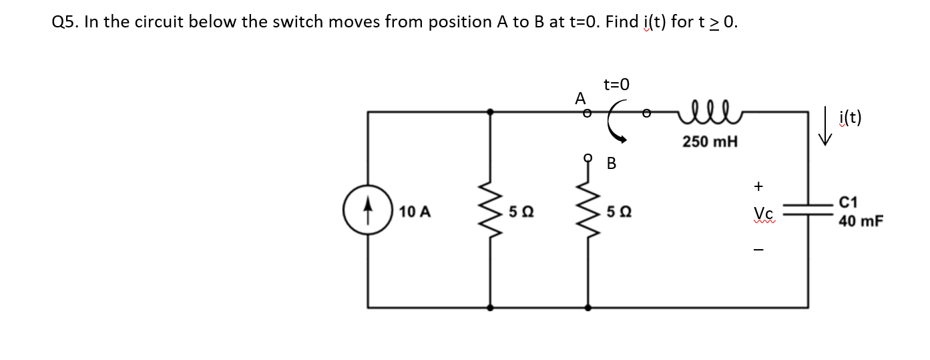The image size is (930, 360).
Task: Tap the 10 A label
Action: coord(415,212)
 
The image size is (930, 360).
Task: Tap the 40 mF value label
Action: coord(861,220)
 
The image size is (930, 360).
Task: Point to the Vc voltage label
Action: coord(761,212)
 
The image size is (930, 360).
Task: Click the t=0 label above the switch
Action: coord(616,85)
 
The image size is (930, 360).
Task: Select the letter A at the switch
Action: coord(580,98)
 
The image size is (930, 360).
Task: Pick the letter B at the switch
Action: coord(612,163)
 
